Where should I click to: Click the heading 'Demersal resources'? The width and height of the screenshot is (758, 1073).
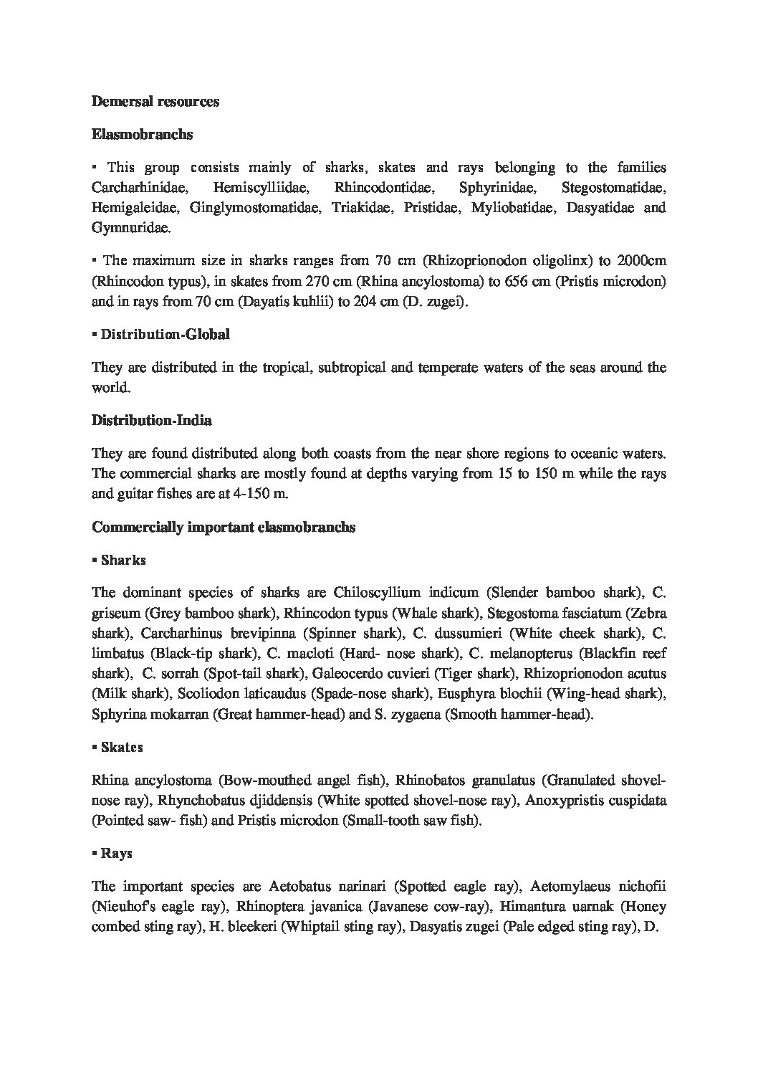[155, 101]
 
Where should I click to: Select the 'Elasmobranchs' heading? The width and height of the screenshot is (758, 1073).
[142, 135]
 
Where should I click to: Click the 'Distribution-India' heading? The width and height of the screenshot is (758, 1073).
[152, 420]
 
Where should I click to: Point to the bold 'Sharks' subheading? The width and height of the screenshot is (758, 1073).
[123, 560]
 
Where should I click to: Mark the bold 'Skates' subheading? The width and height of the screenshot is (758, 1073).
[122, 747]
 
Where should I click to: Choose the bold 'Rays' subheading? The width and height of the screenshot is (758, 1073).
[116, 854]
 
